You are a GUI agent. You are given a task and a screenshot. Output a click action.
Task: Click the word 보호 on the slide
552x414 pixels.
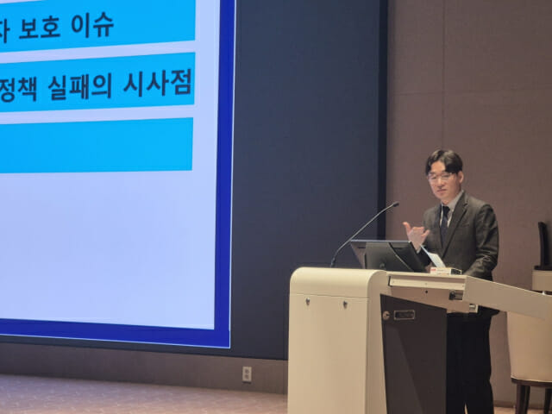(x=40, y=27)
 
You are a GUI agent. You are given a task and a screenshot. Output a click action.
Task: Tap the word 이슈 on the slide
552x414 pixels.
(x=92, y=25)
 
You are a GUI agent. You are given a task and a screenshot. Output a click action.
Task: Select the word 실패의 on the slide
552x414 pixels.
(x=80, y=87)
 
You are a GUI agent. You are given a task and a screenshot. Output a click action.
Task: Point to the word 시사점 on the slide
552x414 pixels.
(x=157, y=83)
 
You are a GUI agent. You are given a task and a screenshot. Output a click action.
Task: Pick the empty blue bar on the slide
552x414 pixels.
(x=96, y=146)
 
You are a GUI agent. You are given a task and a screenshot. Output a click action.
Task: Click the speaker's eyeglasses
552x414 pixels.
(x=440, y=176)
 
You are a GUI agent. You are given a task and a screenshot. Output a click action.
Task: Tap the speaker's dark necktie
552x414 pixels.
(x=444, y=223)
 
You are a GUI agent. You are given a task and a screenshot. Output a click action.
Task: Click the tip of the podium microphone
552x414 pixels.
(x=397, y=204)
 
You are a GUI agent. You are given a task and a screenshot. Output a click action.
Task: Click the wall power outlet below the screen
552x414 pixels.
(x=247, y=373)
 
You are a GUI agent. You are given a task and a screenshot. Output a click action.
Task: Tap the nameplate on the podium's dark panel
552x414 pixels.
(x=405, y=315)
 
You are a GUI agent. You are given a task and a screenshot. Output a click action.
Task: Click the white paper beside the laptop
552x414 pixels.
(x=434, y=258)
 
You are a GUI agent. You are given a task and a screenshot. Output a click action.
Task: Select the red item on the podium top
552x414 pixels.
(x=434, y=270)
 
